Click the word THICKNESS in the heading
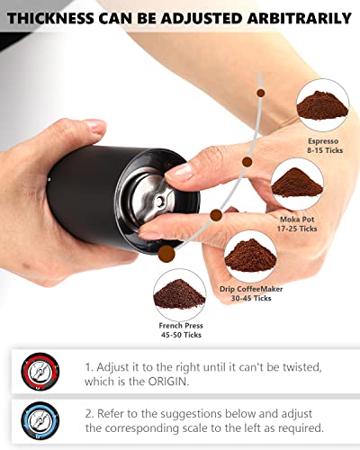point(56,17)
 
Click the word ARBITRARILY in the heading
point(299,17)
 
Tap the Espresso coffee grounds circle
point(321,104)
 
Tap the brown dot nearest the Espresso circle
point(261,92)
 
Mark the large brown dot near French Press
point(166,256)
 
